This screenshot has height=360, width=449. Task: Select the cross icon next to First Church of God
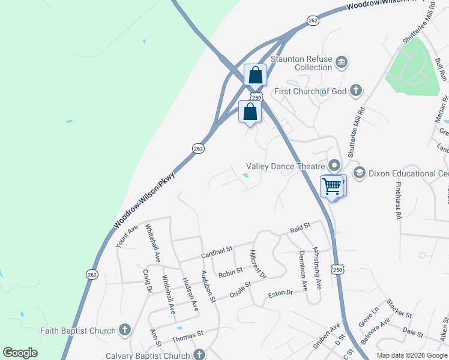coord(356,91)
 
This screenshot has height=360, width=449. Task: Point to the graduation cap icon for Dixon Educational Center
coord(360,173)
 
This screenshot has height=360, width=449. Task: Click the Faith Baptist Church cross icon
coord(125,329)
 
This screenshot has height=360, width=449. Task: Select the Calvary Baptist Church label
coord(148,355)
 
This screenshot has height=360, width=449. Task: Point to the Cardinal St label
coord(216,250)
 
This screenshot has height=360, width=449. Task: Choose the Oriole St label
coord(242,291)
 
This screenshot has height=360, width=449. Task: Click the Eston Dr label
coord(280,293)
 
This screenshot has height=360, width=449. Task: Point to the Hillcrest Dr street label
coord(258,264)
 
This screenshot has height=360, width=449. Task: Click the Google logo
coord(20,353)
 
